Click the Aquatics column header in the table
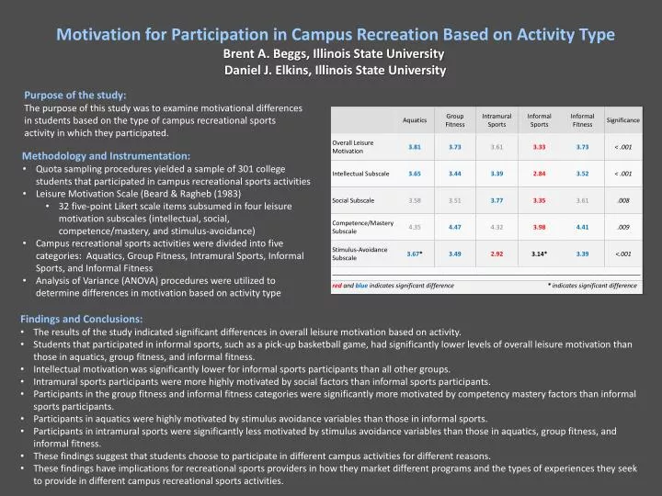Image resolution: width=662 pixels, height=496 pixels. click(x=415, y=120)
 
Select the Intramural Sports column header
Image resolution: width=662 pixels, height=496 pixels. click(x=496, y=120)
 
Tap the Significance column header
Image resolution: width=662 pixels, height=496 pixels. click(x=622, y=120)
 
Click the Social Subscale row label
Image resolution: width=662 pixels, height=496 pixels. click(x=353, y=200)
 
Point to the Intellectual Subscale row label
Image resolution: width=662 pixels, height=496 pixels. click(x=360, y=174)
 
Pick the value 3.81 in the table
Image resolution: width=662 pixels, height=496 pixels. click(x=415, y=147)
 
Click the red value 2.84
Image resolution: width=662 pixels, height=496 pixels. click(x=539, y=174)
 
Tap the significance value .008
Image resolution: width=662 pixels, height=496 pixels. click(x=622, y=200)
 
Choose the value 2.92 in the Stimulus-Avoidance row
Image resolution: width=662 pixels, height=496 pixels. click(x=496, y=254)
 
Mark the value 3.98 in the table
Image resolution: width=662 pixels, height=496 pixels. click(x=539, y=227)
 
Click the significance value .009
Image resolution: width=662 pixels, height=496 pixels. click(x=622, y=227)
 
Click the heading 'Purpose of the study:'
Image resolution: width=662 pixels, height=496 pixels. click(x=75, y=95)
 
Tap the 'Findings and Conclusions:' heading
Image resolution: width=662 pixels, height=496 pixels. click(x=84, y=318)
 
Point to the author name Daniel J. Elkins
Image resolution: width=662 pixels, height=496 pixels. click(x=267, y=72)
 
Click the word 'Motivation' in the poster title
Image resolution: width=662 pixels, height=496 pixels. click(x=103, y=35)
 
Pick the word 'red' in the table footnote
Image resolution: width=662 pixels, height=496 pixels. click(x=337, y=286)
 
